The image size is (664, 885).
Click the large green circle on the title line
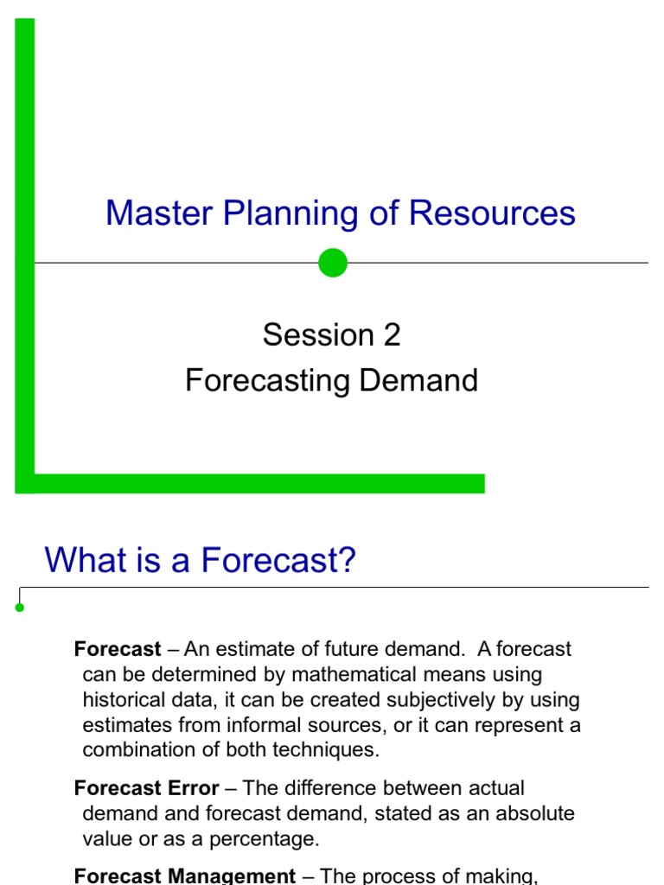332,263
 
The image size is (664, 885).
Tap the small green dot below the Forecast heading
20,608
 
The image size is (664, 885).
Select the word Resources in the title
492,213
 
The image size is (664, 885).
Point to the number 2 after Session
392,335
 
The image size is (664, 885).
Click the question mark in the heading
347,561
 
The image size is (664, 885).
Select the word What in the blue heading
80,561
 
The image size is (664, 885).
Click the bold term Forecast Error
146,788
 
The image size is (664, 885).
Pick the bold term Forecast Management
185,875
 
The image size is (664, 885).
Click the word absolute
533,813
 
